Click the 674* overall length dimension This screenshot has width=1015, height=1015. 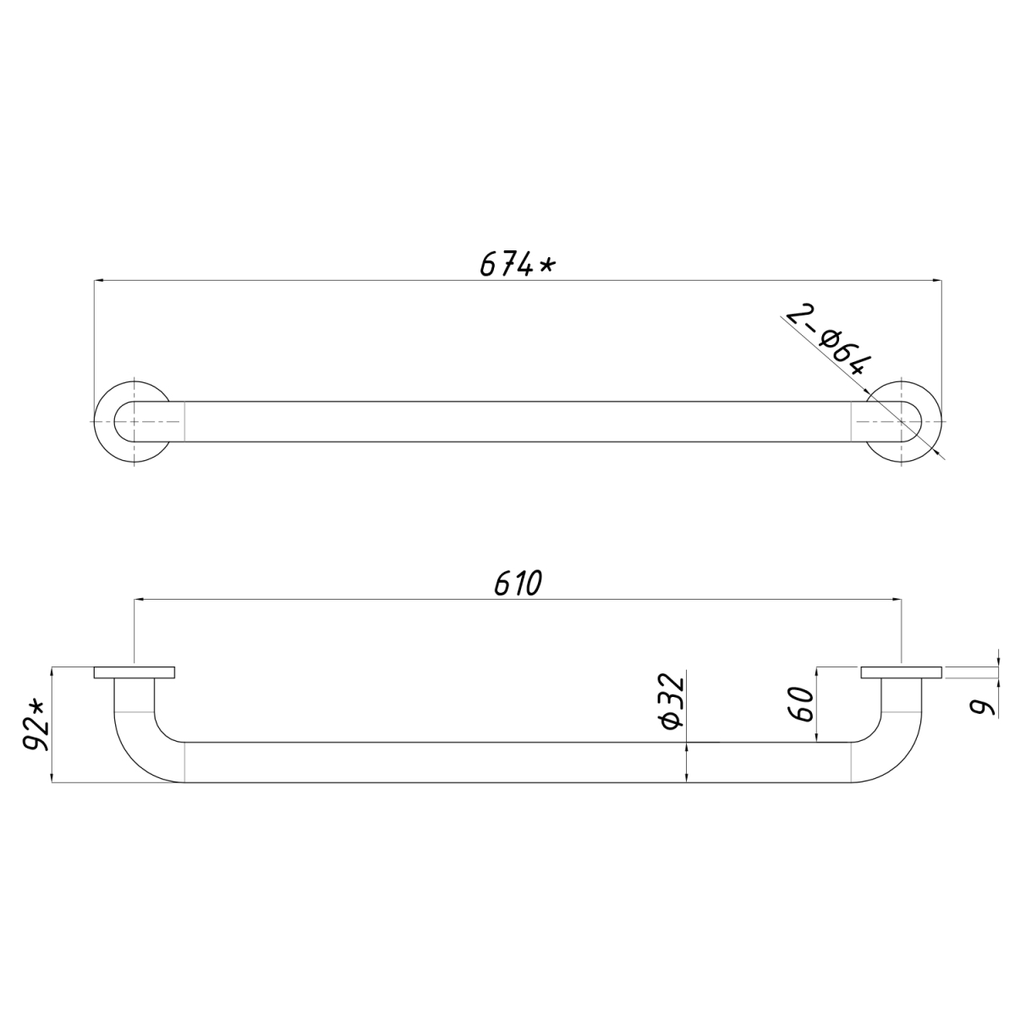(x=517, y=265)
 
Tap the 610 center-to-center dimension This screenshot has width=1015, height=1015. (x=518, y=584)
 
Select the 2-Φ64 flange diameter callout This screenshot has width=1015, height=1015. (x=828, y=342)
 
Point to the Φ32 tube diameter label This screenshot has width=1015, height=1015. (x=673, y=700)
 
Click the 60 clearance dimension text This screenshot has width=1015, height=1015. (x=803, y=704)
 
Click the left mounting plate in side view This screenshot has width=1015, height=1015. (x=134, y=672)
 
